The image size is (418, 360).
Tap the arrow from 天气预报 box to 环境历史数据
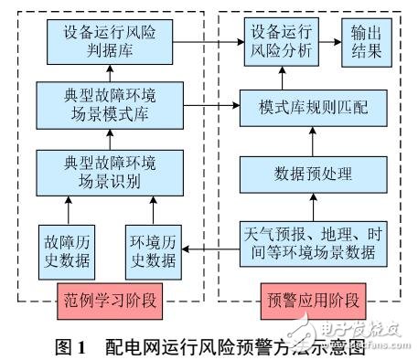pos(207,245)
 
